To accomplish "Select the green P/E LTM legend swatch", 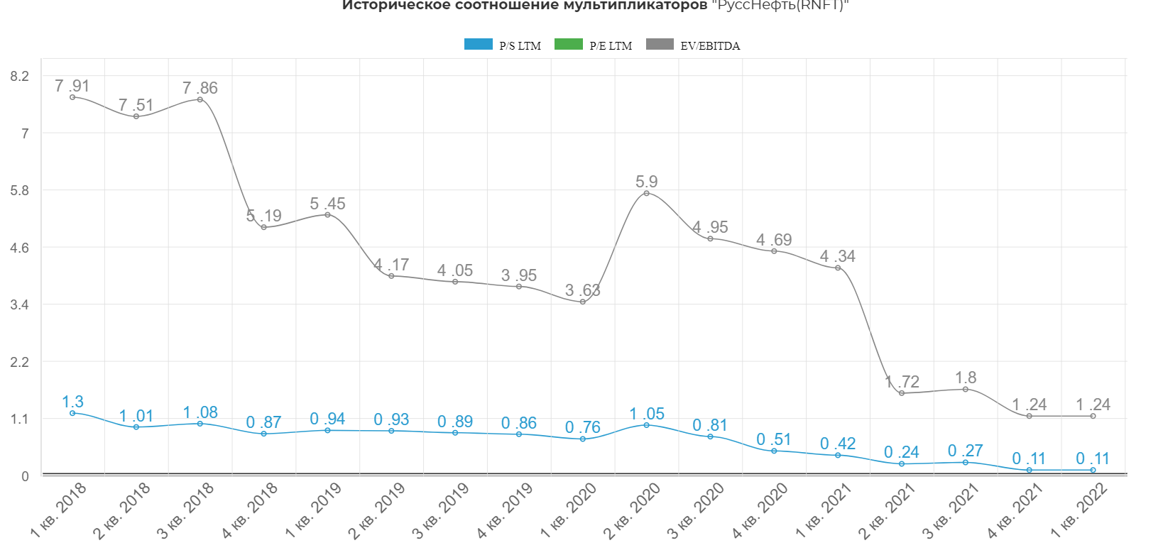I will (568, 45).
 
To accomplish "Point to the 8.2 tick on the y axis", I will (19, 77).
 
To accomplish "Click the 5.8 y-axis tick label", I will (19, 191).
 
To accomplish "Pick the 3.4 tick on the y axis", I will (19, 305).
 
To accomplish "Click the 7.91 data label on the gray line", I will (72, 86).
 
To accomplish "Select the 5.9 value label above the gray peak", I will (646, 182).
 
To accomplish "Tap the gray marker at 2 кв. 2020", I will (646, 193).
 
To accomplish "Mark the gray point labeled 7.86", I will (200, 99).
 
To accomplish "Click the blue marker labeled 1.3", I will (72, 413).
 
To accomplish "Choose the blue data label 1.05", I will (646, 414).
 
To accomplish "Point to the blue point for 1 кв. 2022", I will (1093, 470).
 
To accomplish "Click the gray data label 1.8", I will (966, 378).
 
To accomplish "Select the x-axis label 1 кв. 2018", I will (58, 510).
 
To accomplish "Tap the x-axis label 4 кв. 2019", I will (505, 510).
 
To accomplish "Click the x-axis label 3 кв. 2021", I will (951, 510).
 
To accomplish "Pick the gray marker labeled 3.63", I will (583, 302).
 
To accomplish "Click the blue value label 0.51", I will (773, 439).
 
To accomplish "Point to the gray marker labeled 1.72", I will (902, 393).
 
